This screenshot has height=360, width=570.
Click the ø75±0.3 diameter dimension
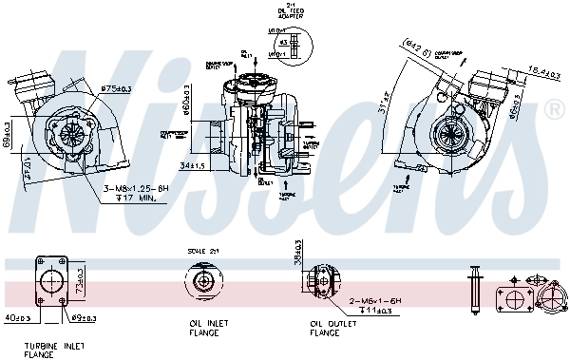[x=118, y=88]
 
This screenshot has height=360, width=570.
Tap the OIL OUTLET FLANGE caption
[x=325, y=327]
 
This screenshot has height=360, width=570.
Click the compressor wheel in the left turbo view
[x=72, y=134]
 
